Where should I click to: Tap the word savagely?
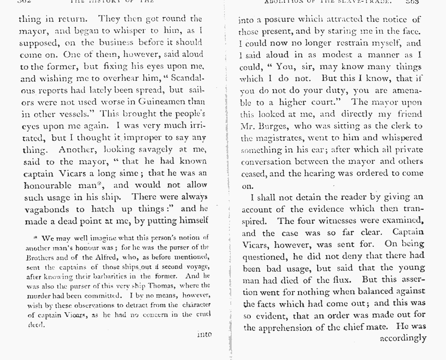point(151,150)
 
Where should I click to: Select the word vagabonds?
point(46,209)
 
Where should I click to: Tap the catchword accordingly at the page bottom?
point(403,338)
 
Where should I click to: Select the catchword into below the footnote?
point(204,335)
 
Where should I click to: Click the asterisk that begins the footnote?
point(35,238)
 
